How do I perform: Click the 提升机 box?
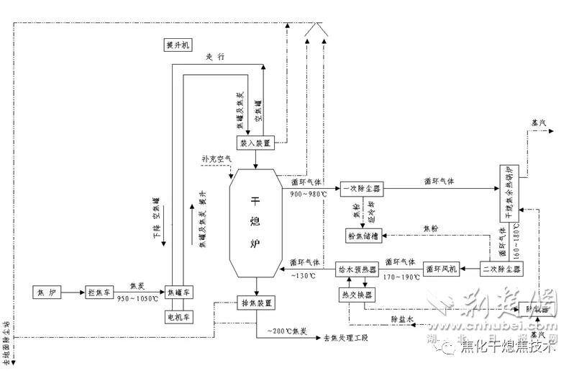[176, 45]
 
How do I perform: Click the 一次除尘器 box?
[362, 189]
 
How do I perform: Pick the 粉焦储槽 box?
[361, 235]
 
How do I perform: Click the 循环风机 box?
[440, 270]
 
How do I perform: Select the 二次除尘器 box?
[501, 270]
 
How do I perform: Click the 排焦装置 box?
[256, 303]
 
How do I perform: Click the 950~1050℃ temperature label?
[136, 298]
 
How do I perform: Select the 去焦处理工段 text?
[346, 337]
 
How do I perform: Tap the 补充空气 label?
[217, 158]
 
